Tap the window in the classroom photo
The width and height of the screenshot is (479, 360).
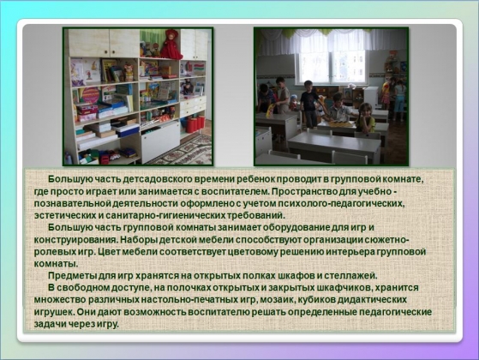pos(332,65)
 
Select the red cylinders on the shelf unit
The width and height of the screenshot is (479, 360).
pos(195,123)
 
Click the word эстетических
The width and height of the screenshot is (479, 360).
pos(65,215)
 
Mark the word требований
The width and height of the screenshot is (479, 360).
pos(255,215)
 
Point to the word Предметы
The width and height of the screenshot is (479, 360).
pos(72,276)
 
